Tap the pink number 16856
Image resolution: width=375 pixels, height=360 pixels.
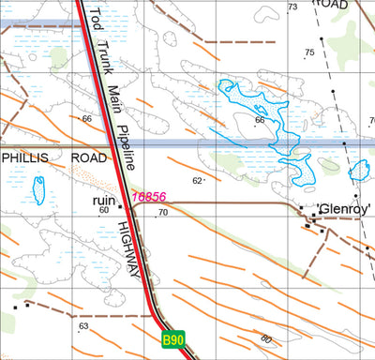coord(149,197)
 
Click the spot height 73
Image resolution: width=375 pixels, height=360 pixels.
coord(292,7)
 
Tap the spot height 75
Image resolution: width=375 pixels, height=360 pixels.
coord(309,52)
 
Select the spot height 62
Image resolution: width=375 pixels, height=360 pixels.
coord(197,180)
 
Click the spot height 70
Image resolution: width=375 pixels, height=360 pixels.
coord(162,213)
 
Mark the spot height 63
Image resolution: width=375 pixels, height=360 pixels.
coord(83,325)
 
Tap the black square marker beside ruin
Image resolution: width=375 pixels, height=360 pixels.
coord(120,206)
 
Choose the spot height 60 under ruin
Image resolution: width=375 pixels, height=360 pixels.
coord(104,211)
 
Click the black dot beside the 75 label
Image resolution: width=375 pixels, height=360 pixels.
coord(320,39)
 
